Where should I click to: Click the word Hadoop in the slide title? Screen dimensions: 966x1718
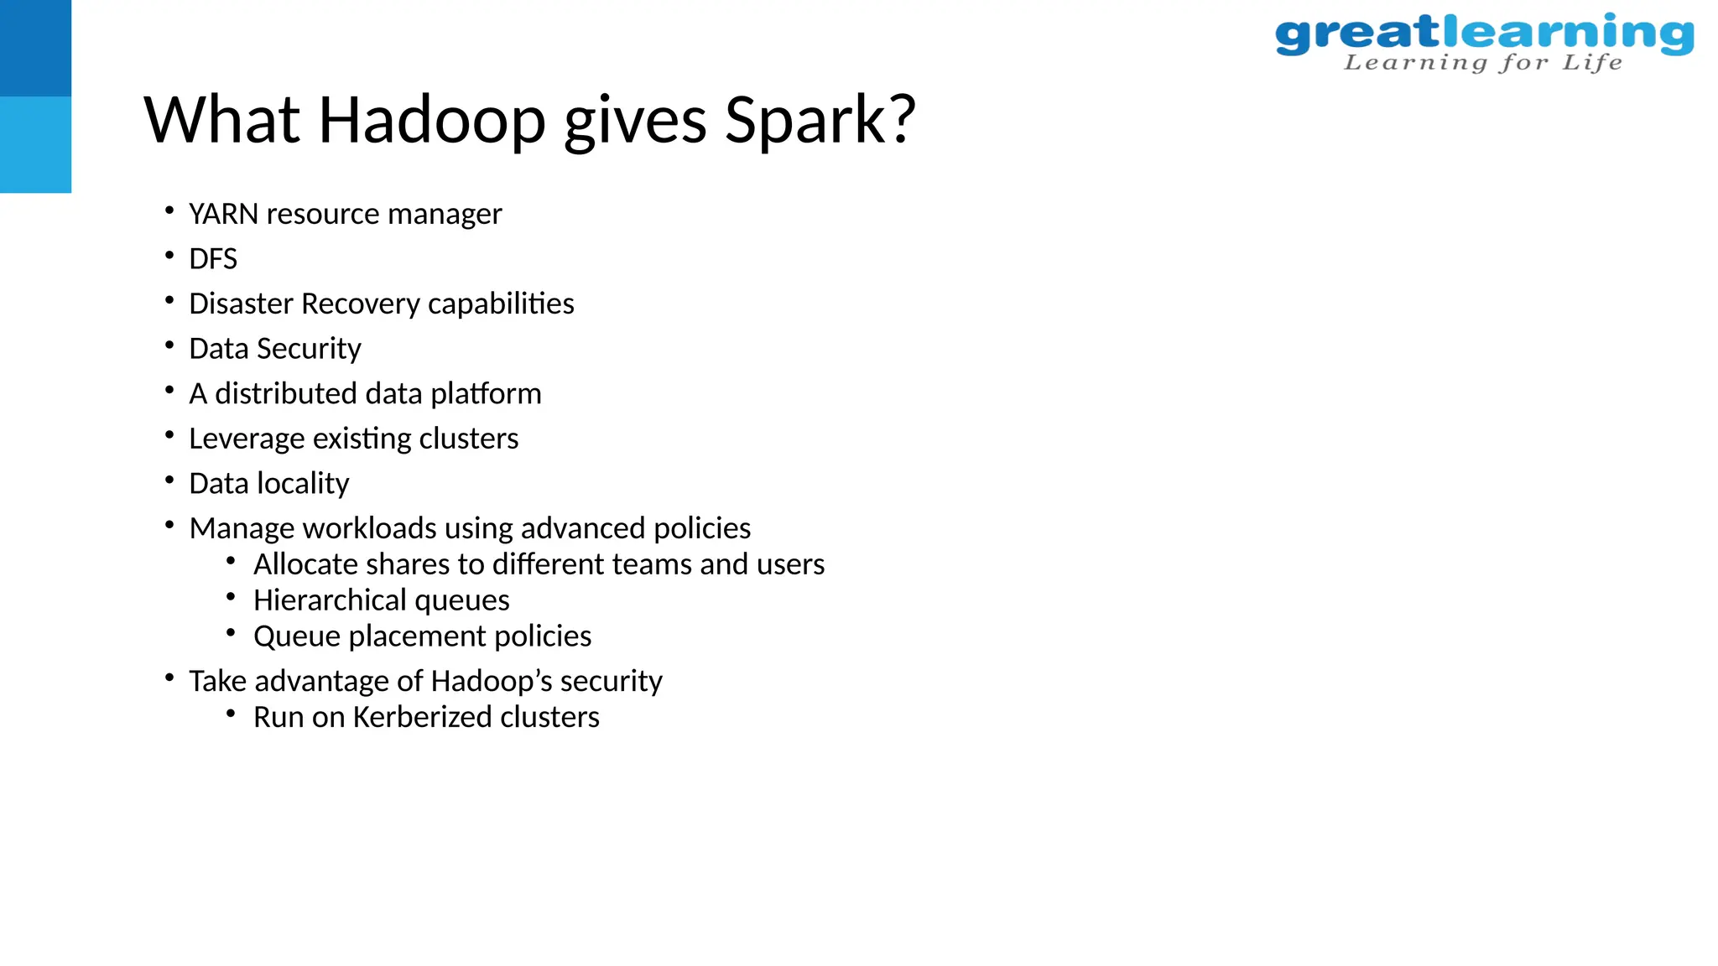tap(432, 120)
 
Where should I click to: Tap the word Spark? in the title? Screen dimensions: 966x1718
tap(820, 120)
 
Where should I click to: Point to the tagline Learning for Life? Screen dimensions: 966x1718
tap(1482, 63)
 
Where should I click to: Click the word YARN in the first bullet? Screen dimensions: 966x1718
tap(223, 214)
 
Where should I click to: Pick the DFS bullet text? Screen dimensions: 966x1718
tap(213, 259)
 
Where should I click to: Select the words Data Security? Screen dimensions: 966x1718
tap(275, 349)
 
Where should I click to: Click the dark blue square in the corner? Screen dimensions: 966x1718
tap(35, 48)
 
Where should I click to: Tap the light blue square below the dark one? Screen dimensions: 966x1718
tap(35, 144)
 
